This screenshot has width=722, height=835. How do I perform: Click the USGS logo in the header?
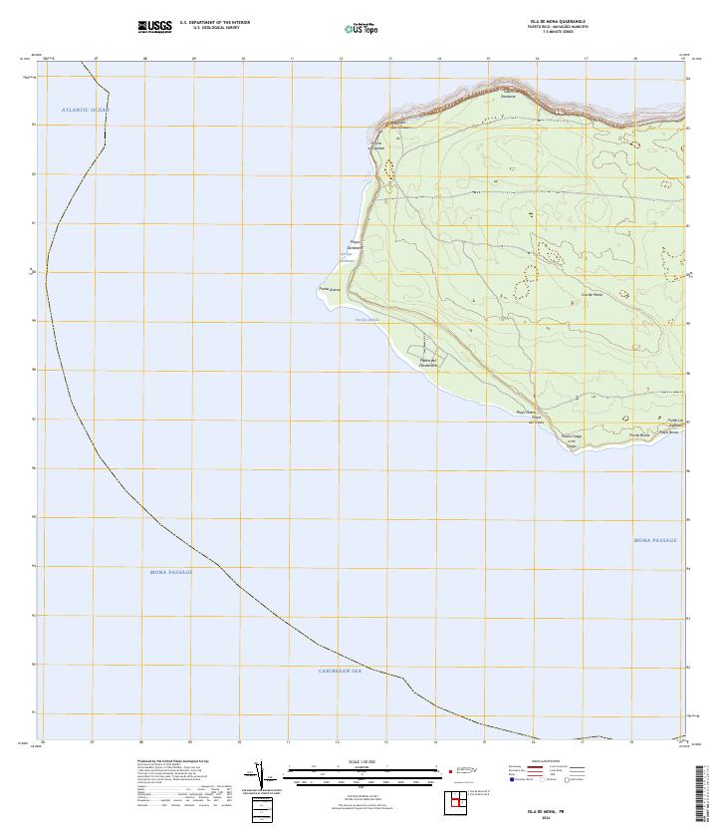point(155,27)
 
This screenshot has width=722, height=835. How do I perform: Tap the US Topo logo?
point(360,28)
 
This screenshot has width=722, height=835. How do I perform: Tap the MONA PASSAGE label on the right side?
point(654,540)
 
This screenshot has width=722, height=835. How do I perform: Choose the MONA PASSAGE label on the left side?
point(170,572)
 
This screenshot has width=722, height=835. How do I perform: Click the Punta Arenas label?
point(330,289)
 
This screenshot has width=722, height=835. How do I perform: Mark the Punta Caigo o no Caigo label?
point(571,440)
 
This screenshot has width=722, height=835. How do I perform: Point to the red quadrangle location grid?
point(459,800)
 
